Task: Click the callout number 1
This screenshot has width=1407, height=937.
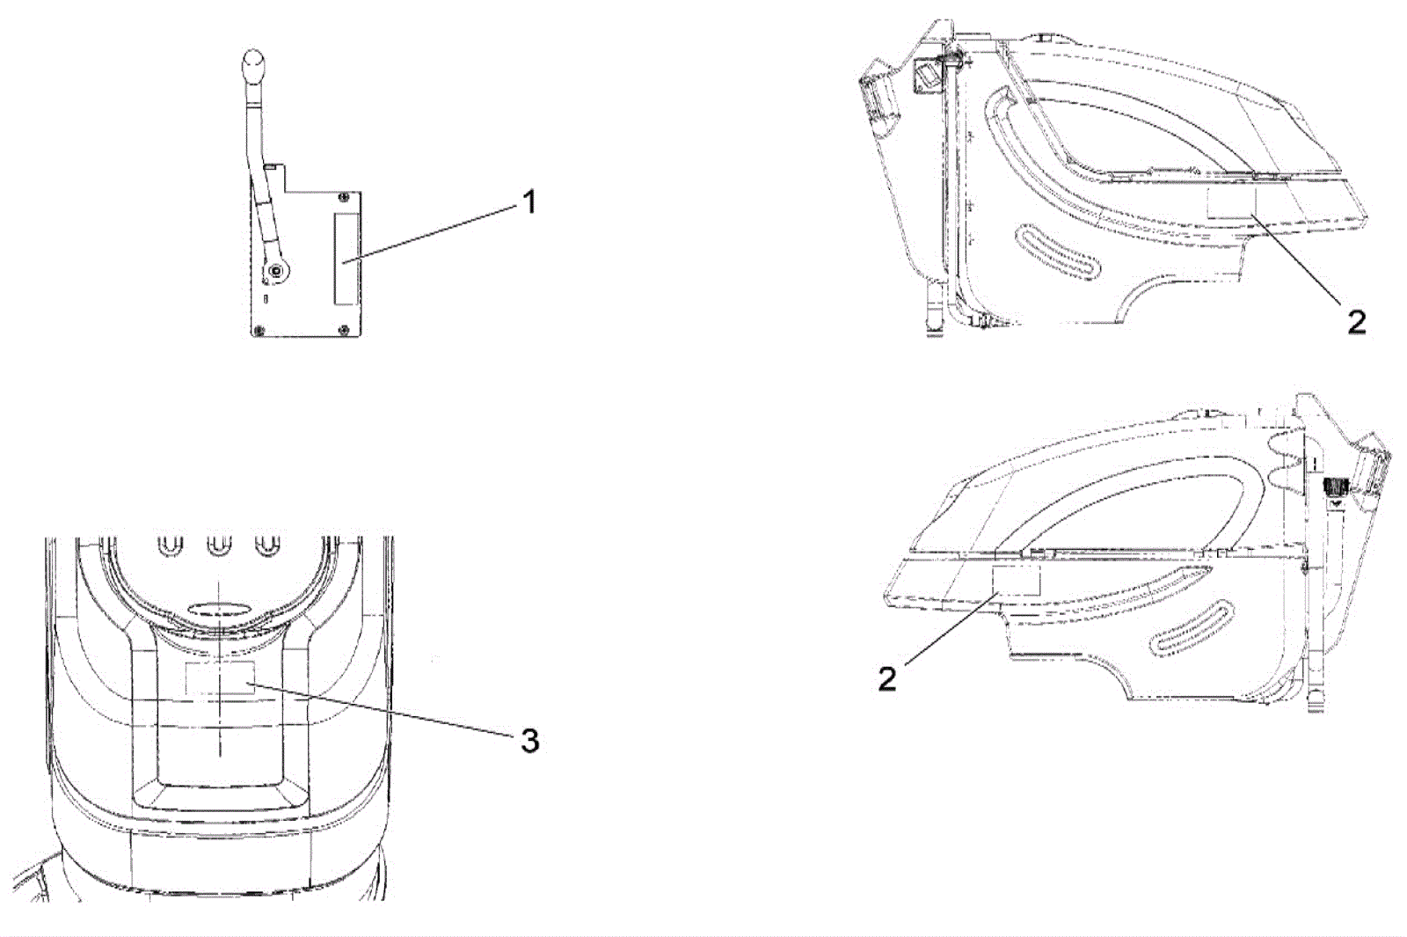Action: pyautogui.click(x=528, y=203)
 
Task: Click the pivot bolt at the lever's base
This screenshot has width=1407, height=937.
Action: pyautogui.click(x=277, y=272)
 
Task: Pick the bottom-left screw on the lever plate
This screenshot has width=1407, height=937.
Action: pyautogui.click(x=258, y=330)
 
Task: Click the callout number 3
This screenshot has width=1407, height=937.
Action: pyautogui.click(x=529, y=741)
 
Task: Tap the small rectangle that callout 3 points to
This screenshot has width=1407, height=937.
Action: pyautogui.click(x=220, y=678)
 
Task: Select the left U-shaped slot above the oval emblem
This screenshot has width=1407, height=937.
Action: pyautogui.click(x=171, y=546)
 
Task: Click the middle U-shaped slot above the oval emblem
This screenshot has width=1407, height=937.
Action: pyautogui.click(x=217, y=546)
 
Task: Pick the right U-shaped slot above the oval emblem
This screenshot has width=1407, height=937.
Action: pyautogui.click(x=265, y=546)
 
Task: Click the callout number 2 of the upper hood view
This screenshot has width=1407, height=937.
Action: pyautogui.click(x=1357, y=323)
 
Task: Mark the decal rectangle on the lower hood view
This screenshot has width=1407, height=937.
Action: pyautogui.click(x=1016, y=581)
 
